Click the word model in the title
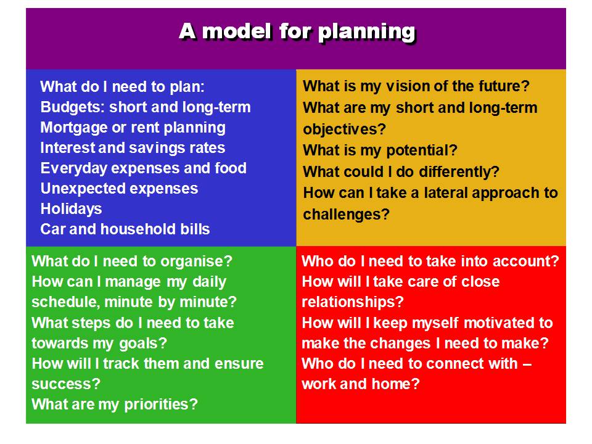point(237,31)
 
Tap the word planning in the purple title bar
point(366,33)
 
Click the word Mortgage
point(74,128)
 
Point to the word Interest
point(67,147)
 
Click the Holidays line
point(71,209)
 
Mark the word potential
point(421,150)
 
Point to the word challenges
point(346,215)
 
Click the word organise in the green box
point(196,261)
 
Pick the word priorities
point(161,405)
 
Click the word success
point(66,384)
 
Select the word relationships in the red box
point(353,302)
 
